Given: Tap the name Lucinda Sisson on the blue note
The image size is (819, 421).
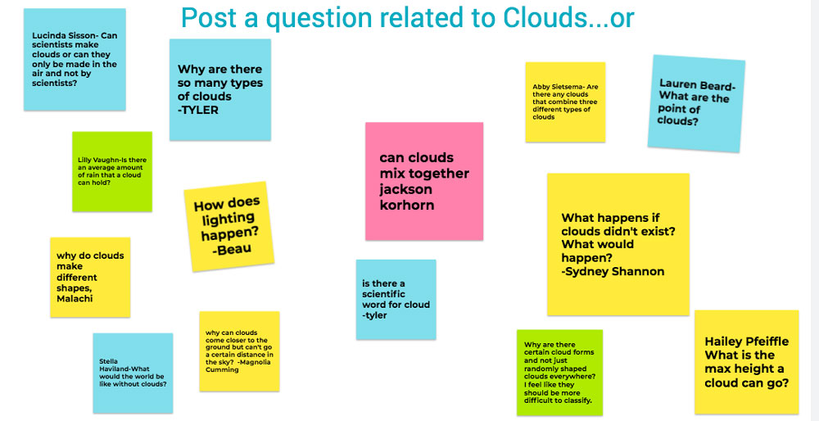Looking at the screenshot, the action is [x=64, y=36].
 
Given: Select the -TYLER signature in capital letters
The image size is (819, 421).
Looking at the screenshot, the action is [x=198, y=110].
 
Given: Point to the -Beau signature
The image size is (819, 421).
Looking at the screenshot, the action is [x=232, y=250].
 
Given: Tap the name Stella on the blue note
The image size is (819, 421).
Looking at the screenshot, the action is [x=109, y=361].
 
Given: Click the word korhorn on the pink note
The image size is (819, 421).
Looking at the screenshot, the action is [x=407, y=205].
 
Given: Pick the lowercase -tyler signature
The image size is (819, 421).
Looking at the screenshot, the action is [x=374, y=315].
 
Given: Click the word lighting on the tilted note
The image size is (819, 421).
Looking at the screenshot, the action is [x=225, y=218].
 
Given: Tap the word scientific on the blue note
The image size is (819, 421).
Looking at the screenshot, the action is [x=384, y=294].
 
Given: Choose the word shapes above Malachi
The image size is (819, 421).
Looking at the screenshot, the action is [x=75, y=287].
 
